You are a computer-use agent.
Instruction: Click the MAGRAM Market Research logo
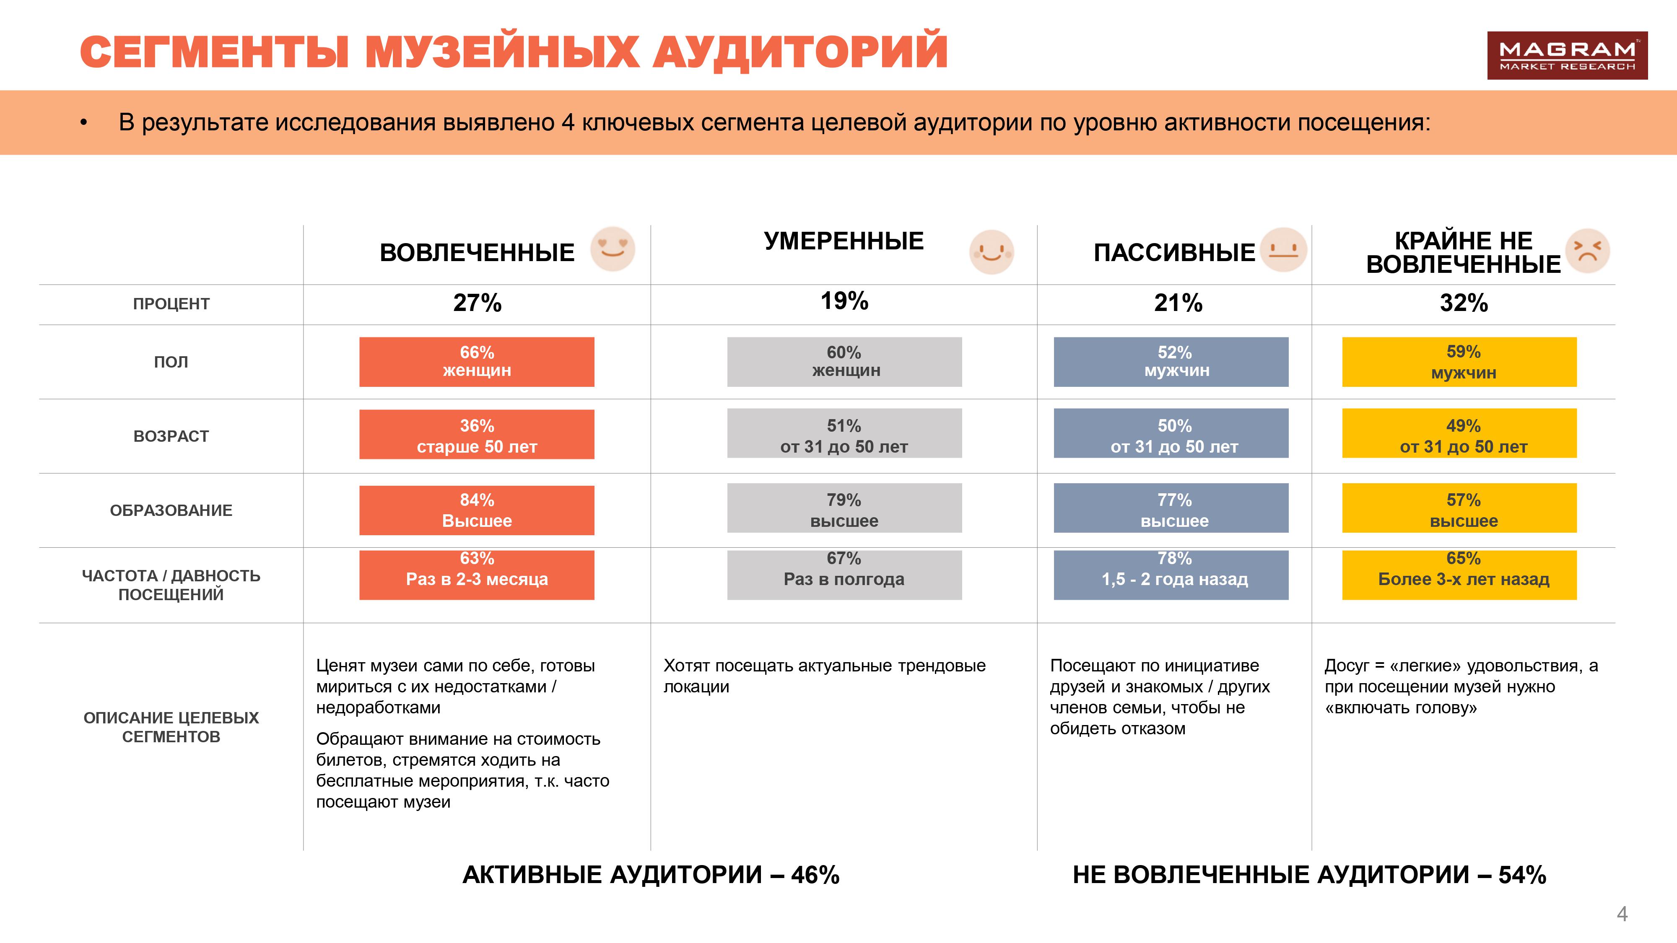tap(1567, 56)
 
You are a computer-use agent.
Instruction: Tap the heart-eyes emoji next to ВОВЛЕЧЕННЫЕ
tap(613, 249)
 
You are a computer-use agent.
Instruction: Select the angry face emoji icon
tap(1587, 251)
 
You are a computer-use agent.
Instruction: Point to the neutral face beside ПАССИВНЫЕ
tap(1283, 250)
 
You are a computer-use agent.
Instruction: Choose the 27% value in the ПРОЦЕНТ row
tap(477, 303)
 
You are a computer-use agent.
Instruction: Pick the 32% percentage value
tap(1464, 303)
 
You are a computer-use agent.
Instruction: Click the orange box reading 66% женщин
tap(477, 362)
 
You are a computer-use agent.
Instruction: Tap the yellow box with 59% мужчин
tap(1459, 362)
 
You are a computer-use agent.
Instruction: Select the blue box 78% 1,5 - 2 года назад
tap(1171, 575)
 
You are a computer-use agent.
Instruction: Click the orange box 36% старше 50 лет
tap(477, 435)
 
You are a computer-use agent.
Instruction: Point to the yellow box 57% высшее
tap(1459, 508)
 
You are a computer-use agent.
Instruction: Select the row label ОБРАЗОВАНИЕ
tap(171, 510)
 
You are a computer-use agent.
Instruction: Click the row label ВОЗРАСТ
tap(171, 436)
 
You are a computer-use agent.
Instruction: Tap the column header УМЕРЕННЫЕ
tap(844, 241)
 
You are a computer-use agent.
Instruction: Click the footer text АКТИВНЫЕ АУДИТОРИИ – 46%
tap(650, 875)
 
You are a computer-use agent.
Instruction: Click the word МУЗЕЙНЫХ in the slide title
tap(502, 52)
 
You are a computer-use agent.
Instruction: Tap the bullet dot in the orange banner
tap(83, 123)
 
